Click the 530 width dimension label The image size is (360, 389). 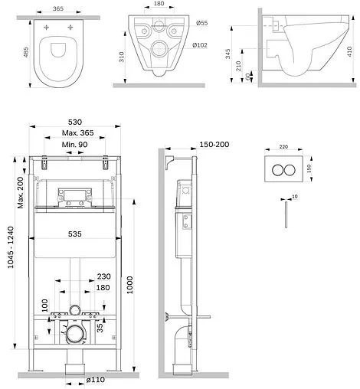coord(75,122)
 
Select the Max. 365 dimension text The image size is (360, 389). coord(77,132)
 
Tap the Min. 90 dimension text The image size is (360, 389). coord(74,145)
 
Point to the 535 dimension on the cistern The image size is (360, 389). coord(75,234)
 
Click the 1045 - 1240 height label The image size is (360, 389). coord(11,247)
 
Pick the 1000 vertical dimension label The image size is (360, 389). coord(129,285)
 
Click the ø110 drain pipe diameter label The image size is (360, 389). coord(96,380)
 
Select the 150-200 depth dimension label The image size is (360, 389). coord(214,144)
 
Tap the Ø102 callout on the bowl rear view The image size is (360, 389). coord(200,45)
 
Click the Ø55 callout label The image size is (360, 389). coord(202,23)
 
